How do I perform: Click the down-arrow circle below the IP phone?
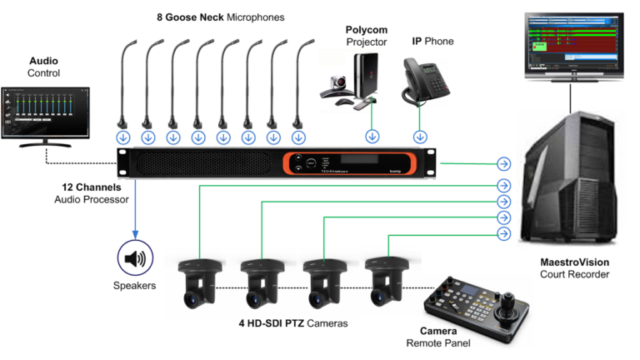click(421, 136)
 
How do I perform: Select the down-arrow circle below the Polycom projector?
click(372, 136)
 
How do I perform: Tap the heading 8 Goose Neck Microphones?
click(220, 17)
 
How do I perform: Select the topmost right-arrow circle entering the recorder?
click(503, 163)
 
